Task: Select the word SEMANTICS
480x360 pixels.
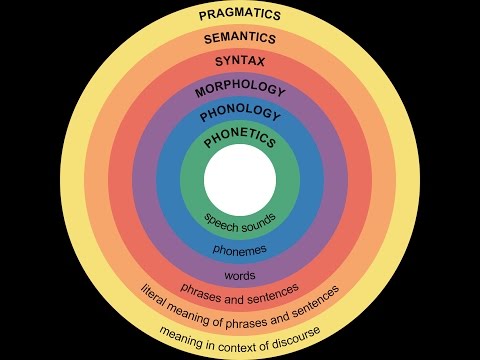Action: [x=240, y=39]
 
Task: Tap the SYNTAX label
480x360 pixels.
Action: [x=240, y=62]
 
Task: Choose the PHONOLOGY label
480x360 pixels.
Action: [x=240, y=116]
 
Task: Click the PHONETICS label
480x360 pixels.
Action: [x=240, y=142]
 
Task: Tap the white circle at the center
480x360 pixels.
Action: [x=240, y=179]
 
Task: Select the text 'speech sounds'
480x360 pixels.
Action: [x=240, y=220]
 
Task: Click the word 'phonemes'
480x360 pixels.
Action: [x=240, y=247]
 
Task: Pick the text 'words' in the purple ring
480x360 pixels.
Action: [x=240, y=274]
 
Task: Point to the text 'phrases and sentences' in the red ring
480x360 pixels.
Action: [x=240, y=289]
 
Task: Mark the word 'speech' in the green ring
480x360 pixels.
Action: [x=222, y=219]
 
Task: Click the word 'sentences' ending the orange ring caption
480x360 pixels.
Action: [x=314, y=298]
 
